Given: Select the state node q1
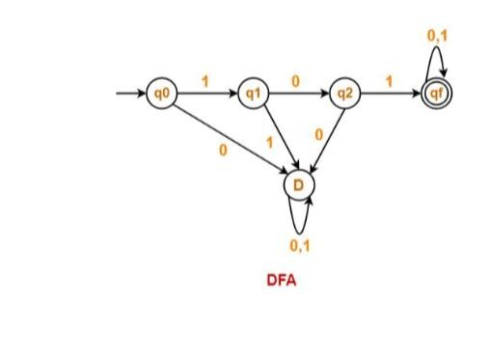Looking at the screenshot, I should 253,95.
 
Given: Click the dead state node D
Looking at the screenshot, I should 298,180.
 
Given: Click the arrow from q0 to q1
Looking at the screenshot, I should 205,95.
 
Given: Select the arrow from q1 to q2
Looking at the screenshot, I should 297,95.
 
